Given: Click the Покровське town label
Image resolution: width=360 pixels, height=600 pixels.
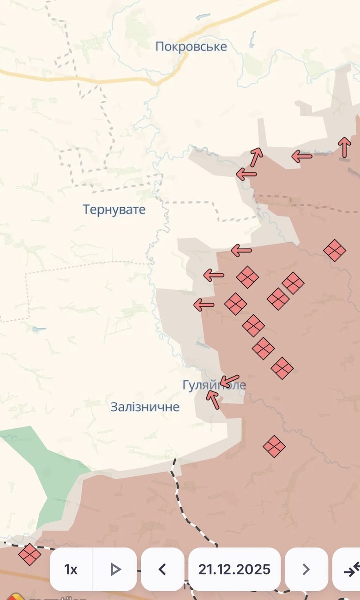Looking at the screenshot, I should tap(191, 47).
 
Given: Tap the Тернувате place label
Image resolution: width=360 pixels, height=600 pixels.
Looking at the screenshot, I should tap(114, 210).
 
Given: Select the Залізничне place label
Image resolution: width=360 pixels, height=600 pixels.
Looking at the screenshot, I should tap(145, 407).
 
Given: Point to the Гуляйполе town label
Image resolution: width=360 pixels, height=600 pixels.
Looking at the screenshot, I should tap(214, 385).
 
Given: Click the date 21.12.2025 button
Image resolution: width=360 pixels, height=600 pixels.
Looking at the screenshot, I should tap(234, 570).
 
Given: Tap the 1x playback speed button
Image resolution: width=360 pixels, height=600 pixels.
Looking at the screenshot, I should tap(71, 570).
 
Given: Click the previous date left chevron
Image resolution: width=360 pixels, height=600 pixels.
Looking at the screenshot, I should tap(162, 570).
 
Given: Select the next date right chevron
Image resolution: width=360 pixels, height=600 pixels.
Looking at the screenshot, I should tap(306, 570).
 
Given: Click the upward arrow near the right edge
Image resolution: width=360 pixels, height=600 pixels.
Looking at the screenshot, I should tap(344, 147).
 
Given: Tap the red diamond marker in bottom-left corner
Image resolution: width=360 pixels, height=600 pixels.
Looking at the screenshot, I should tap(30, 554).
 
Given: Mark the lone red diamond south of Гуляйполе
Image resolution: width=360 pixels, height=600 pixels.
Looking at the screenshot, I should tap(274, 446).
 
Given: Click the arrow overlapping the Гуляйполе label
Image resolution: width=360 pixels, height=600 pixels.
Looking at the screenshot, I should tap(229, 381).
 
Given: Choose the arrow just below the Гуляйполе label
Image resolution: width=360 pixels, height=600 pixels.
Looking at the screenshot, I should tap(213, 400).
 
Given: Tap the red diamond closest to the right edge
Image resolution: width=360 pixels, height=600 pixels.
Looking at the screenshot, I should tap(335, 251).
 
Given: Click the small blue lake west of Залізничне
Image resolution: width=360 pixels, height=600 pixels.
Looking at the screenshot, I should tap(39, 330).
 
